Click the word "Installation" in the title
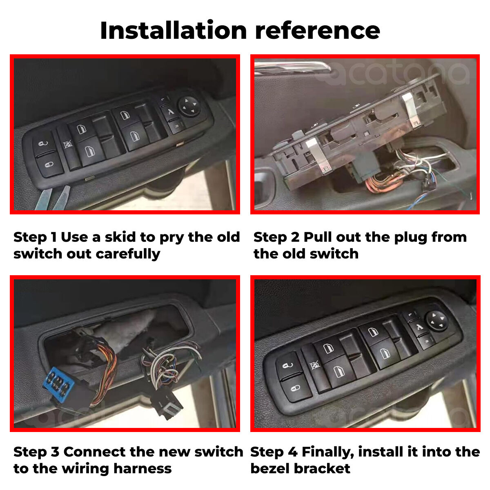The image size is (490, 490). pos(174,30)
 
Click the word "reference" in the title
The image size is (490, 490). pos(318,31)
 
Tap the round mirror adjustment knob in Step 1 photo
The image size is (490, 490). pos(189,107)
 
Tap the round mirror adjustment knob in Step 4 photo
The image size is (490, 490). pos(437,321)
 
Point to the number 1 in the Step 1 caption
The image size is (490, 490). pos(54,237)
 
